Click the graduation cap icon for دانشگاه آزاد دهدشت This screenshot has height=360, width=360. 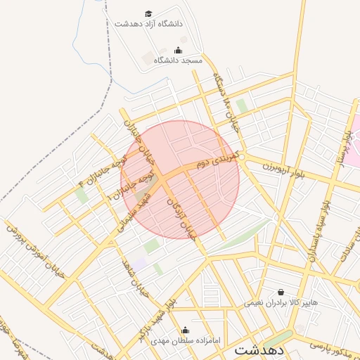point(148,13)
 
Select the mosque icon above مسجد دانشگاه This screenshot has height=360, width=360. point(177,50)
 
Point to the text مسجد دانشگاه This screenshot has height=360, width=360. point(178,60)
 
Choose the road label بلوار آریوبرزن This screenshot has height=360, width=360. point(275,164)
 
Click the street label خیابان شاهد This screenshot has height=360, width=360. point(138,276)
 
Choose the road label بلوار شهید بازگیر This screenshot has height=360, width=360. point(157,321)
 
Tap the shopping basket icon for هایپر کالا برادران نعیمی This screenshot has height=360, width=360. point(281,292)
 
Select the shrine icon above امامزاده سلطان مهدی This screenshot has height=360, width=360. point(186,330)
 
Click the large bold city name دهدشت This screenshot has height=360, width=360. point(259,349)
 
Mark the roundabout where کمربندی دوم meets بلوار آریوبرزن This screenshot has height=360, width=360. point(241,157)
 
